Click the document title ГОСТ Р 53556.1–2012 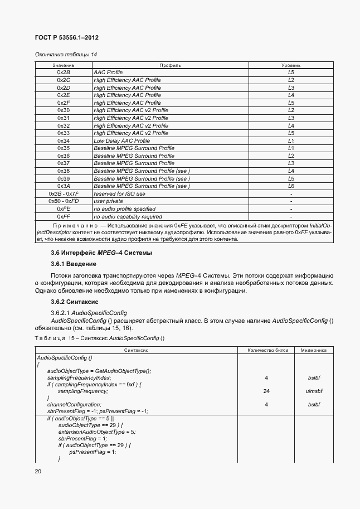coord(67,38)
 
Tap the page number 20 coord(38,472)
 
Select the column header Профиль coord(170,65)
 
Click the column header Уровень coord(291,65)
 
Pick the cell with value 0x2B coord(64,72)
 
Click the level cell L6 coord(291,186)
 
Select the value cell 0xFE coord(64,209)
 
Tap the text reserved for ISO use coord(119,193)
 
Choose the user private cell coord(108,201)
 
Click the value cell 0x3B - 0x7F coord(64,193)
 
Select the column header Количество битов coord(266,350)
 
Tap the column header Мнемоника coord(314,350)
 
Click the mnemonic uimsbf coord(314,391)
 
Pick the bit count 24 coord(266,391)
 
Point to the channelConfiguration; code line coord(74,404)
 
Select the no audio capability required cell coord(128,216)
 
